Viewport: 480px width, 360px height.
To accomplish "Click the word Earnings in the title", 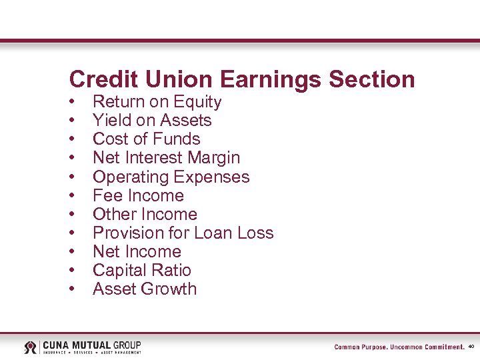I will (x=270, y=80).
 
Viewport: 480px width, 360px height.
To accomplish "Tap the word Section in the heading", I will (x=371, y=79).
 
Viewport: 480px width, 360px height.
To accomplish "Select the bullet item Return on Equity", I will (x=157, y=102).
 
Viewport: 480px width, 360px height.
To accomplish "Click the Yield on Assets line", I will (x=152, y=121).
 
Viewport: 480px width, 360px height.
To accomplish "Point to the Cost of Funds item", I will (x=146, y=139).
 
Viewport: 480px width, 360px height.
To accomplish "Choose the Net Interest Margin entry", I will (x=166, y=158).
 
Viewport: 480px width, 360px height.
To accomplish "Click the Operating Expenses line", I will (x=171, y=177).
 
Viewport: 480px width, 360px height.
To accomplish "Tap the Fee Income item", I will (x=138, y=195).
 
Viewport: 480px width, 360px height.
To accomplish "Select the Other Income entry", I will (x=145, y=214).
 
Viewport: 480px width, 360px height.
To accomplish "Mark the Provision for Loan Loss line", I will (x=183, y=233).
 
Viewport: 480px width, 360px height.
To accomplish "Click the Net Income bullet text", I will (x=137, y=251).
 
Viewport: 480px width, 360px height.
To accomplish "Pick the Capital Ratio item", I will (x=141, y=270).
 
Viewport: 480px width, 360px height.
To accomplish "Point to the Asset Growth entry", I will (x=145, y=289).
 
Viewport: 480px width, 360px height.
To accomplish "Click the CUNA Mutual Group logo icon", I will (x=31, y=347).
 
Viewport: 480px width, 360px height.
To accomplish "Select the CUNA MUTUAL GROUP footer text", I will (x=92, y=345).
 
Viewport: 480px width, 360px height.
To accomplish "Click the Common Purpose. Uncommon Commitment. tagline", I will (x=399, y=347).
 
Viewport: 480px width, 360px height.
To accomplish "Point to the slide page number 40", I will (x=471, y=347).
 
